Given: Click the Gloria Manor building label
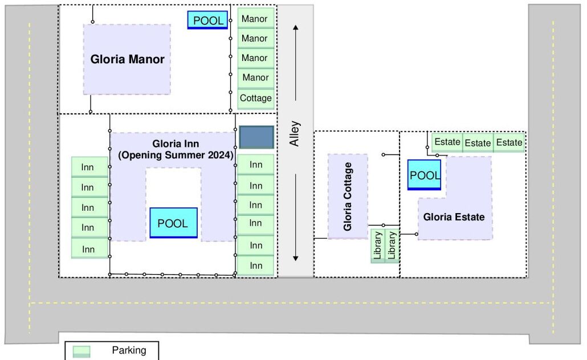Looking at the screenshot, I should click(x=128, y=59).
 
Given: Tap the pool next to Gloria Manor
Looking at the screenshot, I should click(x=208, y=21).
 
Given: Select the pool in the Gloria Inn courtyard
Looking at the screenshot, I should click(x=173, y=223).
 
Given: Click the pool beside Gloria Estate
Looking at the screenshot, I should click(x=425, y=175).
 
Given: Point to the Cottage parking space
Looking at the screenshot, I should click(x=255, y=98).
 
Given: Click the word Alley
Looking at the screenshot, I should click(x=295, y=134).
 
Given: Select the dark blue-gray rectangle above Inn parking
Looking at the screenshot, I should click(x=256, y=137).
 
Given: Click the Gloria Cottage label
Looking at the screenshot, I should click(x=348, y=197).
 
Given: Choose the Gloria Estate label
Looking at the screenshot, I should click(x=454, y=217).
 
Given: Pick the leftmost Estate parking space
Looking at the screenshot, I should click(x=447, y=142).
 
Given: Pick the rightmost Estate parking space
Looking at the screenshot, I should click(x=509, y=142).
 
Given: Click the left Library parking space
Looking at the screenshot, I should click(x=377, y=246).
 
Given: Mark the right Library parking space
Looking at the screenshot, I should click(x=392, y=246).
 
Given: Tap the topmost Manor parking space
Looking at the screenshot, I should click(x=255, y=19).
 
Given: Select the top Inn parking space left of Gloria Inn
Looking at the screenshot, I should click(x=88, y=167).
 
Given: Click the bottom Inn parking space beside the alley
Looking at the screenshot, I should click(x=256, y=265).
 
